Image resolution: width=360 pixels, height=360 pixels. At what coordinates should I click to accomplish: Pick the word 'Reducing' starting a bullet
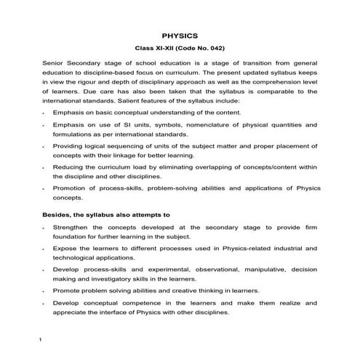[x=69, y=167]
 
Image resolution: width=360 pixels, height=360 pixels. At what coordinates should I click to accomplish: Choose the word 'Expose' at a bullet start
[x=66, y=248]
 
